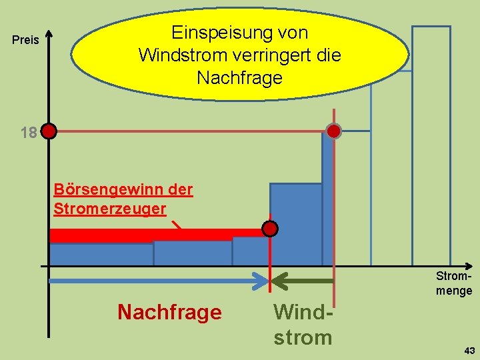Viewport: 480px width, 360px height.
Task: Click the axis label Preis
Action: (x=26, y=41)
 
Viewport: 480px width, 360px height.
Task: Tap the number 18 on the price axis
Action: (x=29, y=133)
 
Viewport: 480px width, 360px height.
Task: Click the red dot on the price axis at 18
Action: (x=49, y=131)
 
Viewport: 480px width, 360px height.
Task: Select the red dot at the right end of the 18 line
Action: (x=333, y=131)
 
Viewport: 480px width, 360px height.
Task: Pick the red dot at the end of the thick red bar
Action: (x=269, y=229)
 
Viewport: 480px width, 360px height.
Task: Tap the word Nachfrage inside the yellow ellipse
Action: (x=239, y=78)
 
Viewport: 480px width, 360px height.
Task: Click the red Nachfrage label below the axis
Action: (x=169, y=312)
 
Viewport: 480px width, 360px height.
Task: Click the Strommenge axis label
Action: (x=454, y=283)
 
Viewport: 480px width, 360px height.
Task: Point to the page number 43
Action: (x=469, y=351)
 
